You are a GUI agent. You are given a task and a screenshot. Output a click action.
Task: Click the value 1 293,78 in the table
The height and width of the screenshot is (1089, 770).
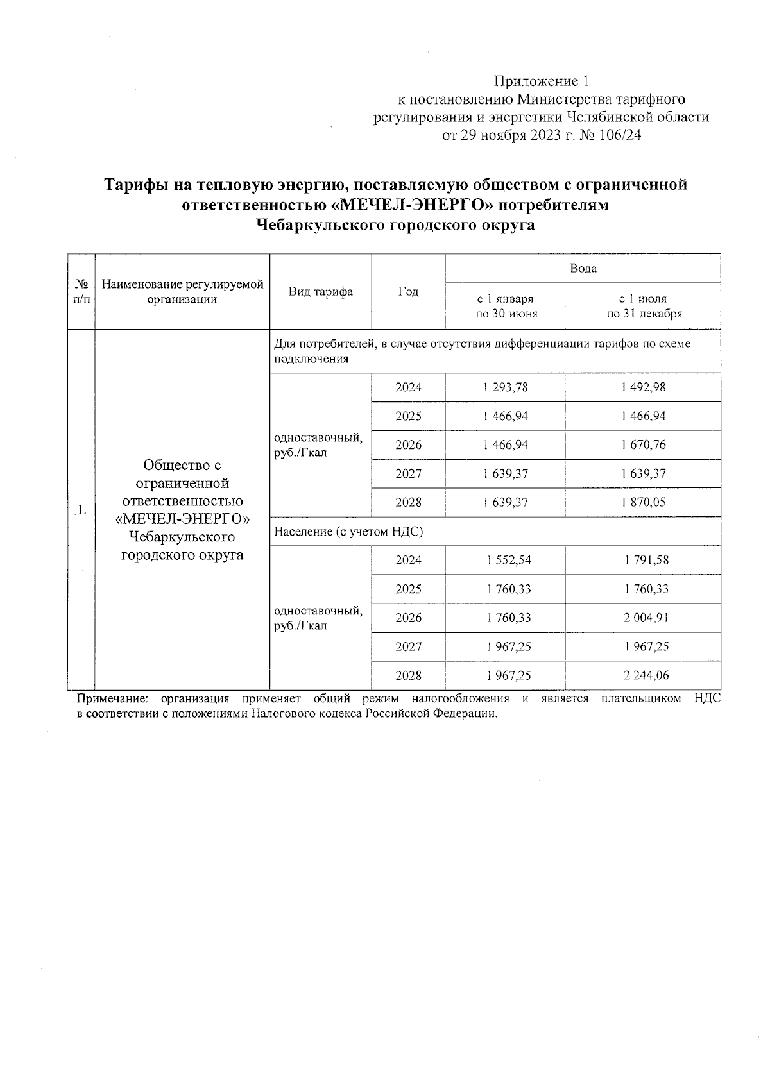point(506,387)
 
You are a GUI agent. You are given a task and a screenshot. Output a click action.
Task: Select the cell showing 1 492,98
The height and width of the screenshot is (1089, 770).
point(643,387)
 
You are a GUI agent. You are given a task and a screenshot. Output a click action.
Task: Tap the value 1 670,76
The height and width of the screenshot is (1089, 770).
point(643,445)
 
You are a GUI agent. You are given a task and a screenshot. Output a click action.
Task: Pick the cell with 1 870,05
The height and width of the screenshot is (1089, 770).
point(643,502)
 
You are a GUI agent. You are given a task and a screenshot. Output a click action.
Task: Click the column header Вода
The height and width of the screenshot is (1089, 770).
point(583,268)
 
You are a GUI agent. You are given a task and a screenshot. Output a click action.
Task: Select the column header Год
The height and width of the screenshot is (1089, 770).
point(408,292)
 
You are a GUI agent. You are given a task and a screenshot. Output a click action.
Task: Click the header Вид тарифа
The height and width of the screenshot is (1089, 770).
point(320,292)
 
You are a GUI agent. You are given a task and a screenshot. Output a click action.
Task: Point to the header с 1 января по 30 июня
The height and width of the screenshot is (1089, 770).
point(505,306)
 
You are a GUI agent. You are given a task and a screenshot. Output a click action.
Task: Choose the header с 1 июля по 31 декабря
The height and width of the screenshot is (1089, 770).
point(643,306)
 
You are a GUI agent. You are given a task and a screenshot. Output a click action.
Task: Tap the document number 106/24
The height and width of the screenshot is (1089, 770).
point(619,135)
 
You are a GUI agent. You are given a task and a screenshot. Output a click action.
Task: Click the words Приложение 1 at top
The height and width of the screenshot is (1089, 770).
point(540,81)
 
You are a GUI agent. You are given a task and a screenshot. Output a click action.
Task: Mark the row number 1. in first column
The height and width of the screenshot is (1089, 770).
point(81,510)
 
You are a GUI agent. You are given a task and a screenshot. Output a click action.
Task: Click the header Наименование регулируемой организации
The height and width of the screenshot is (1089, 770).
point(182,292)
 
